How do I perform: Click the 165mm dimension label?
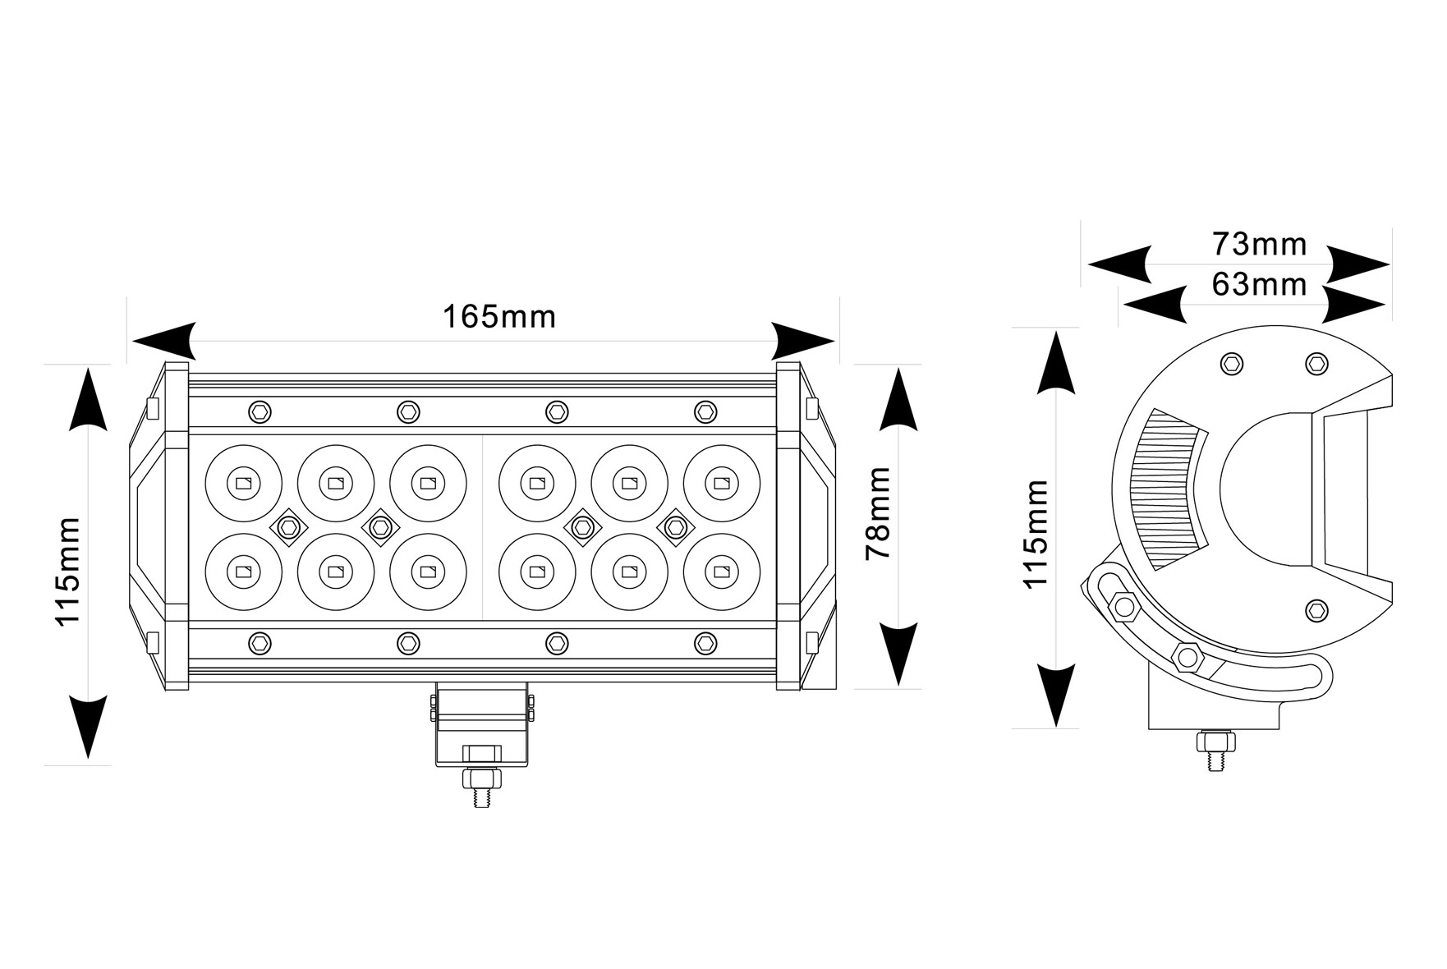pyautogui.click(x=499, y=316)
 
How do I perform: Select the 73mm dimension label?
pyautogui.click(x=1259, y=244)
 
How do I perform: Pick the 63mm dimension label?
pyautogui.click(x=1259, y=284)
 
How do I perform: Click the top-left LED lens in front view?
pyautogui.click(x=243, y=484)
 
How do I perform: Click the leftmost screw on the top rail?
pyautogui.click(x=260, y=411)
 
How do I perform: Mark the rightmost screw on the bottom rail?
pyautogui.click(x=705, y=643)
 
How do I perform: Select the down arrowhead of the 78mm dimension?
pyautogui.click(x=898, y=654)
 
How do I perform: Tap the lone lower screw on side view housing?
pyautogui.click(x=1316, y=609)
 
